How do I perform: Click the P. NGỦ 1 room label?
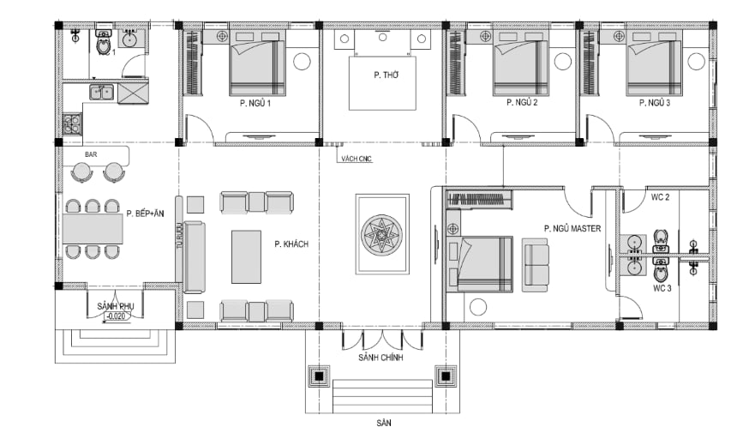255,103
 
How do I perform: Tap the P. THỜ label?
386,75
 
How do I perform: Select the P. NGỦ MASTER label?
572,228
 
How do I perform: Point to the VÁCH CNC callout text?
357,159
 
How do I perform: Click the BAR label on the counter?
91,154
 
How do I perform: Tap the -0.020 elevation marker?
117,316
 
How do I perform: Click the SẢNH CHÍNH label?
380,358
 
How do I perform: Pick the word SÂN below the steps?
384,423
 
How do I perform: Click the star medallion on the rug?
382,235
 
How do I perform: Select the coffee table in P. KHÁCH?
246,257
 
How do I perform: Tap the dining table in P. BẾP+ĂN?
93,229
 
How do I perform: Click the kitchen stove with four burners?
72,123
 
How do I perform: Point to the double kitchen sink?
101,92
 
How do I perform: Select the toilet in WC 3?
660,270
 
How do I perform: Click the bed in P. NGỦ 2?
521,63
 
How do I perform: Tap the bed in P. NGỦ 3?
653,63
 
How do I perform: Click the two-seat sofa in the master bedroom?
536,265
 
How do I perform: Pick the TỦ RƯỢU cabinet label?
179,235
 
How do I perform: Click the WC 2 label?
660,197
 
